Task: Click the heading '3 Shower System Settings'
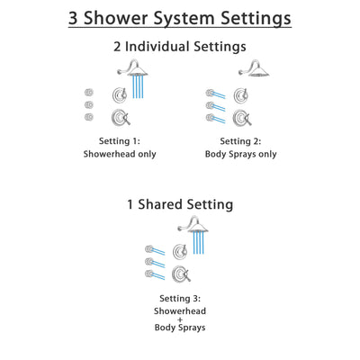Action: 180,17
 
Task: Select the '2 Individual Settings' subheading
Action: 180,46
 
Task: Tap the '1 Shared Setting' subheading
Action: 180,204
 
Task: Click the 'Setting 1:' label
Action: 120,140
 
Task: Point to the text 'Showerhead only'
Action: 120,154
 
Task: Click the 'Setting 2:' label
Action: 240,140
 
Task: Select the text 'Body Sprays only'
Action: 240,154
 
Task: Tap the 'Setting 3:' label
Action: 180,298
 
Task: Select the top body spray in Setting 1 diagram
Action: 89,92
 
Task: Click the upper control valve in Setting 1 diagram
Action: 119,94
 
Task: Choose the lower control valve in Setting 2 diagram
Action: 240,118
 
